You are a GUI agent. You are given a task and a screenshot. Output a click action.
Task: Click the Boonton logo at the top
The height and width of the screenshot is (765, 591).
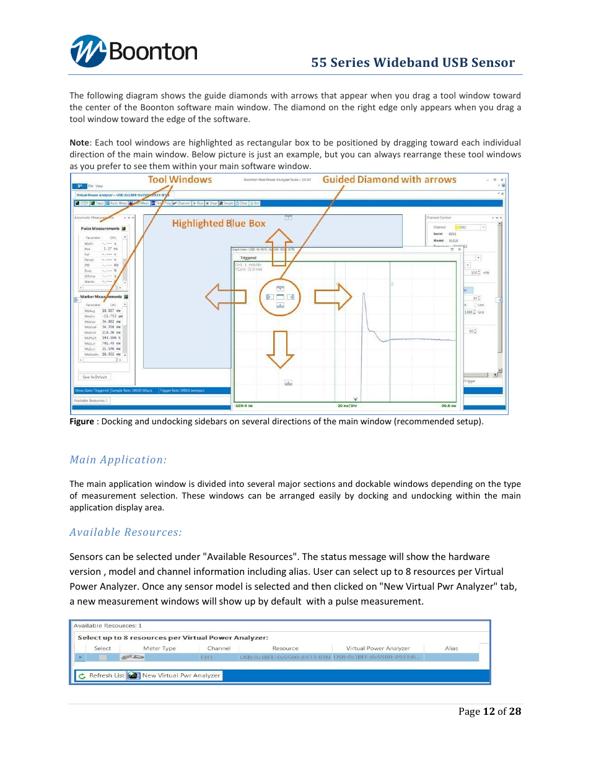133,51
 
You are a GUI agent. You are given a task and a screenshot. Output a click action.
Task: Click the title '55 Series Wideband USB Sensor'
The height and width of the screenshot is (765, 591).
413,63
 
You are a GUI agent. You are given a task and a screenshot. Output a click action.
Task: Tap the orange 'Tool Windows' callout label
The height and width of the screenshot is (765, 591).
180,180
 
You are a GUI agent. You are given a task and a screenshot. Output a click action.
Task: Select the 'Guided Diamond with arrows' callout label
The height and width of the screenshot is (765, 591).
389,180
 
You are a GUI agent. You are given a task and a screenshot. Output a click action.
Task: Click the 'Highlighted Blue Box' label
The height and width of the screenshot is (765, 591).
218,224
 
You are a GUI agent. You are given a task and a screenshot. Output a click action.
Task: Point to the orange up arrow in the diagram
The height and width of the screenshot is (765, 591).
279,247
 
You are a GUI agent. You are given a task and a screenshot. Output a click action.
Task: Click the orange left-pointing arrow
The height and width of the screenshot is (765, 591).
225,297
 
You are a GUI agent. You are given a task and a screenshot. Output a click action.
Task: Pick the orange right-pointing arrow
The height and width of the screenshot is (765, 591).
333,297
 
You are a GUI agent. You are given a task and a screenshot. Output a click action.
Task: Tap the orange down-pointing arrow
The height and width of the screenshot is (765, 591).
280,349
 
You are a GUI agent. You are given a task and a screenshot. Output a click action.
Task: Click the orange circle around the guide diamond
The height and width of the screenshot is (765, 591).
280,297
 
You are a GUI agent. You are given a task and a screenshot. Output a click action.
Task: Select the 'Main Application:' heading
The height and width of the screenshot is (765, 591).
118,460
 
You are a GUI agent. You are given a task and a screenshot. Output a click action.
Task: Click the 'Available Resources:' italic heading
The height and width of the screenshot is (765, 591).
125,532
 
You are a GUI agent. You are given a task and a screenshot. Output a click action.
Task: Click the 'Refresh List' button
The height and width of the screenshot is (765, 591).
101,675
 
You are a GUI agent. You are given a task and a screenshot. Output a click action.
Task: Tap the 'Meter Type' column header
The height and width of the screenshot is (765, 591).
159,649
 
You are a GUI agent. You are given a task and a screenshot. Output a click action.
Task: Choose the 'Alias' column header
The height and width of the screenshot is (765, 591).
451,649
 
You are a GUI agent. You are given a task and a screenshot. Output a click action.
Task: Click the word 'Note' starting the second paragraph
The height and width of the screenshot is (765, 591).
79,142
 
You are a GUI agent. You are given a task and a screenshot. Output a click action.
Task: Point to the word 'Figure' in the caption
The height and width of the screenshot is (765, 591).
82,421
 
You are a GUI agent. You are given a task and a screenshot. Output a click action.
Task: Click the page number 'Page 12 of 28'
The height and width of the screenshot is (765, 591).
489,711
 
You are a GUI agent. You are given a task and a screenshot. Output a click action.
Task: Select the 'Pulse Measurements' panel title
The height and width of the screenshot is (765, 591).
100,229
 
